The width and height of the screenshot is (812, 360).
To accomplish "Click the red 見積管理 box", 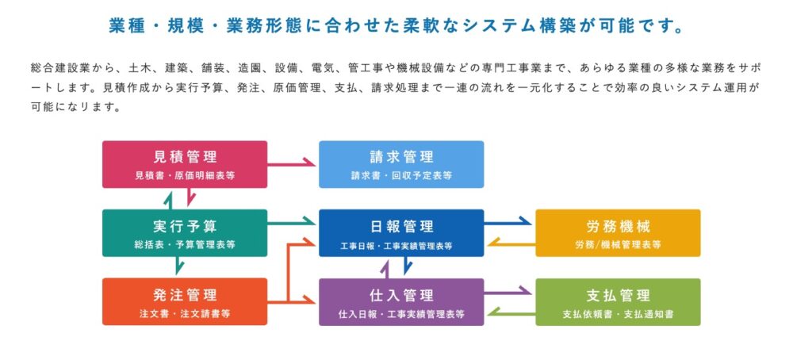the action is pos(185,164).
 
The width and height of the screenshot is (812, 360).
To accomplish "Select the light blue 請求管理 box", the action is pos(401,164).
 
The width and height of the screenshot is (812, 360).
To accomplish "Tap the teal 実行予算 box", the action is pos(185,233).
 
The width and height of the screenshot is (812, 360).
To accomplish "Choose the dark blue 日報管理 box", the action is pos(401,233).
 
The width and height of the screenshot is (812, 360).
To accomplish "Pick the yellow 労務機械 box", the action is pos(618,233).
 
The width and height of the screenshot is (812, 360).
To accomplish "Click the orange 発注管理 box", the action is pos(185,302).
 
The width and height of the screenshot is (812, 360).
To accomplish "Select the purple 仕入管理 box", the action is pos(401,302).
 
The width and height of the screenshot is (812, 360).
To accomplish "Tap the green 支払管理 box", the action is pos(618,302).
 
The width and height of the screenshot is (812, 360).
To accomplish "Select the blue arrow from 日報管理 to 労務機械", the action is pos(507,223).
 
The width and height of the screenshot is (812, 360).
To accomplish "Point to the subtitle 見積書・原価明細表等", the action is pos(185,176).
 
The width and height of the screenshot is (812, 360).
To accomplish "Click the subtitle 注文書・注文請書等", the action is pos(185,314).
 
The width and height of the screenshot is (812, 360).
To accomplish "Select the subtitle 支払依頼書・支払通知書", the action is pos(618,314).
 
